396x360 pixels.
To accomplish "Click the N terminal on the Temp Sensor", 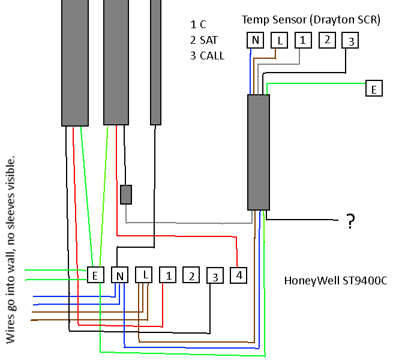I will pos(256,41).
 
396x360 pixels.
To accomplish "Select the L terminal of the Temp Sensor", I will pos(280,41).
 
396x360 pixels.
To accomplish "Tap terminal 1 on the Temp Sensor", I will pos(303,41).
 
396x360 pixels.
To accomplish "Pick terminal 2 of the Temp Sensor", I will pos(326,40).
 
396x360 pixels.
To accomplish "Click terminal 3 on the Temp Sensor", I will pos(350,41).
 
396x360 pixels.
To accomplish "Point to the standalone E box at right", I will pos(374,89).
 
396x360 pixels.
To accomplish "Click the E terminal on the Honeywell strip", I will pos(96,275).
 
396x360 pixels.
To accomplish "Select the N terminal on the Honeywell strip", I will pos(120,275).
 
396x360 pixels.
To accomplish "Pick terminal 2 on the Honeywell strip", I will pos(191,275).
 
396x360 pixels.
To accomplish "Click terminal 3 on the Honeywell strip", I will pos(215,276).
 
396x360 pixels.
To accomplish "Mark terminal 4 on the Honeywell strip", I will pos(239,275).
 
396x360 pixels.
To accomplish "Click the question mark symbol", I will pos(350,223).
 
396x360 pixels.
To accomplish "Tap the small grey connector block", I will pos(126,194).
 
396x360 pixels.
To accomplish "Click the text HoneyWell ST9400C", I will pos(335,280).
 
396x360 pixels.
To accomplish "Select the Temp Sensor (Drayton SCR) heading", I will pos(311,20).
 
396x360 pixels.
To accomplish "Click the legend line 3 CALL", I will pos(207,56).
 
